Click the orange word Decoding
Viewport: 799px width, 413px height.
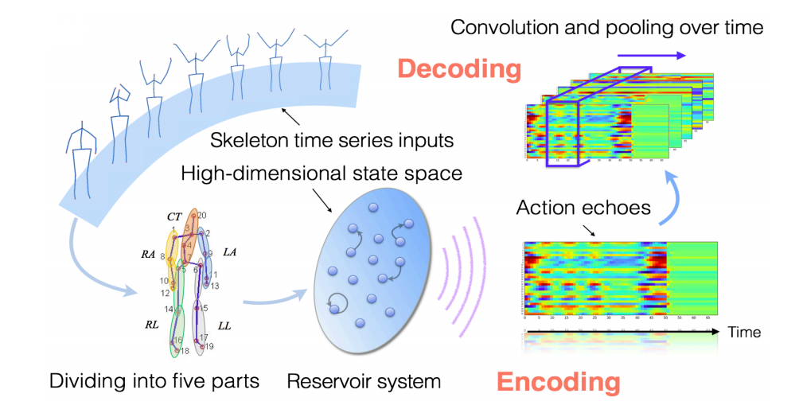point(458,69)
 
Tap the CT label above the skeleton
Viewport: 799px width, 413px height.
point(174,216)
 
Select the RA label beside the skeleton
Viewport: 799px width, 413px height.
point(148,254)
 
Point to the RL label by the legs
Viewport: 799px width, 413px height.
point(151,325)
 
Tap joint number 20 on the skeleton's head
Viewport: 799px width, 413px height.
point(202,215)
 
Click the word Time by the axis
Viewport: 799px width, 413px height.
point(744,332)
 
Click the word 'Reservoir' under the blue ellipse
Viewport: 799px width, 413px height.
point(324,381)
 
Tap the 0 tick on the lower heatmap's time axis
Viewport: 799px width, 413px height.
point(526,318)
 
